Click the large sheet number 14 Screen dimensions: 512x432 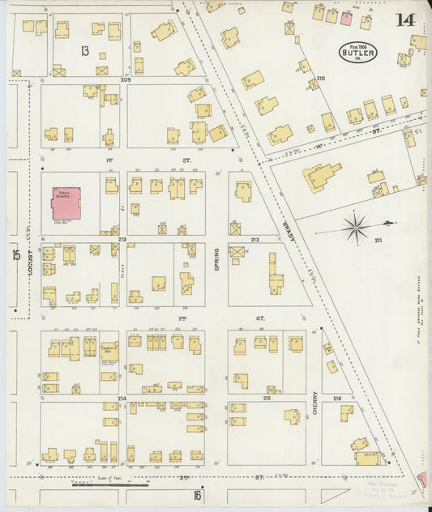[x=405, y=21]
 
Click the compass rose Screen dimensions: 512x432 [x=356, y=227]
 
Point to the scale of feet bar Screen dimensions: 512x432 [x=109, y=484]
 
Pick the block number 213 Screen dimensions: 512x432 [x=122, y=240]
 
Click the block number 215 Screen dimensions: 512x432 [x=267, y=399]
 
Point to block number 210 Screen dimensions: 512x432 [x=320, y=79]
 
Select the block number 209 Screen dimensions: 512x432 [x=126, y=80]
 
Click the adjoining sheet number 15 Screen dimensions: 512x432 [x=15, y=255]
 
